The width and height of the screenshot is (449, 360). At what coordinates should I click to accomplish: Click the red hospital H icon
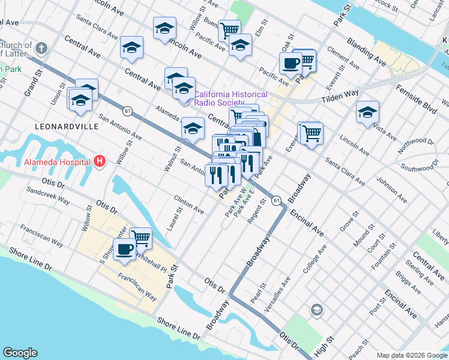coord(100,161)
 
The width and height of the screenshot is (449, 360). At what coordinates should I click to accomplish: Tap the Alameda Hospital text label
coord(57,161)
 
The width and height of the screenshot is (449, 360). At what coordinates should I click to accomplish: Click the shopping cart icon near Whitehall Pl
coord(140,237)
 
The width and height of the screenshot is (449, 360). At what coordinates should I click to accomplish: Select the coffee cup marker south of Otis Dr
coord(124,248)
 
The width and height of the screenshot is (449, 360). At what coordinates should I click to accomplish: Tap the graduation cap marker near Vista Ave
coord(367,112)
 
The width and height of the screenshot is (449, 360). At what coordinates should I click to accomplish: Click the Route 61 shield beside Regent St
coord(276,199)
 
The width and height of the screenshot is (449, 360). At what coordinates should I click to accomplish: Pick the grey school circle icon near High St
coord(316,310)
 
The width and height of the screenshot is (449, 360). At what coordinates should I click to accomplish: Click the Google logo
coord(20,353)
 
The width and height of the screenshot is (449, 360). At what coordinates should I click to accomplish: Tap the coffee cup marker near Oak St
coord(291,63)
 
